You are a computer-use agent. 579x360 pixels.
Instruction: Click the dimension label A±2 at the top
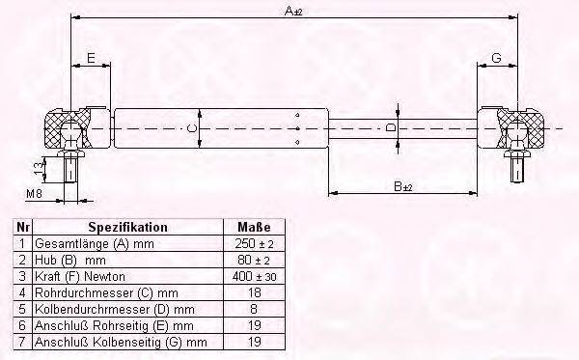point(290,10)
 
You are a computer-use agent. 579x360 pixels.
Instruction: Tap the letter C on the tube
point(191,127)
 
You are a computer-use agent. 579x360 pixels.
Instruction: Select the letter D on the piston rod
point(390,127)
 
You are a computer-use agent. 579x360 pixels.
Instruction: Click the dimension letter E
point(90,59)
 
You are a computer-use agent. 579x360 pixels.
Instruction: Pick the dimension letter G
point(495,59)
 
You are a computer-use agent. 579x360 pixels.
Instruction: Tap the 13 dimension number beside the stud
point(38,168)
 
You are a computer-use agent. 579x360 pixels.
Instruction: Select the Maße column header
point(254,228)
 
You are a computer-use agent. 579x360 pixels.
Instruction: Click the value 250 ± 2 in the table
point(254,245)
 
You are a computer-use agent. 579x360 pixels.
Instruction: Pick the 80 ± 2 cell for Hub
point(254,262)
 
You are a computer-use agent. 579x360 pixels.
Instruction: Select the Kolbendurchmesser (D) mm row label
point(115,310)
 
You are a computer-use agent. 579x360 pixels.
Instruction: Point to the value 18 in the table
point(254,293)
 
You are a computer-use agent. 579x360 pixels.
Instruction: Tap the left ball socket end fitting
point(69,127)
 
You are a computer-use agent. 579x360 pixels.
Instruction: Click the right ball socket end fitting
point(515,127)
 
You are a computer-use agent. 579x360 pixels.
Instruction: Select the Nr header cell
point(22,228)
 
